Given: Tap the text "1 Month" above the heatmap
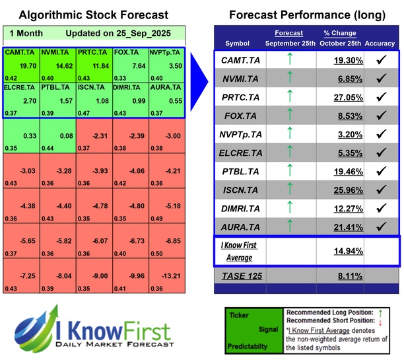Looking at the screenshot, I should click(26, 33).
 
